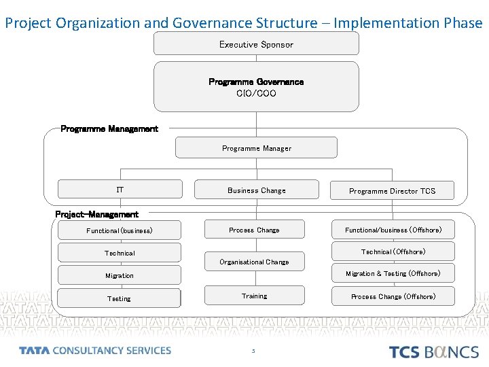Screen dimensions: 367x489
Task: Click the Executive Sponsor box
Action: (x=256, y=44)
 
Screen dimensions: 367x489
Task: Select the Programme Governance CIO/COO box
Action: (x=256, y=87)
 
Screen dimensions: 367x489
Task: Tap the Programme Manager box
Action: (x=256, y=148)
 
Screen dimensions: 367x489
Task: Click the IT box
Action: (x=120, y=190)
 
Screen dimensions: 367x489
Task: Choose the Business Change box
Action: (x=256, y=190)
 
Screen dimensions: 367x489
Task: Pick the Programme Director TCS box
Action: (x=392, y=191)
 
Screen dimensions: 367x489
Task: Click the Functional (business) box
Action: (x=120, y=230)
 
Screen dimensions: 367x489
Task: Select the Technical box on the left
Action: (x=120, y=253)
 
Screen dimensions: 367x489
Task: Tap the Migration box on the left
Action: (x=120, y=275)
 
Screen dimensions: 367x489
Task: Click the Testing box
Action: (x=120, y=298)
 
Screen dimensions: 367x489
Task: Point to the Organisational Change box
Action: (x=254, y=262)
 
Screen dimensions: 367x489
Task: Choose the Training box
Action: (x=254, y=296)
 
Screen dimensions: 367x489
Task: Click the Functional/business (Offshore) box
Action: (x=393, y=230)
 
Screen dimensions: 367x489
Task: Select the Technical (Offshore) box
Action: (x=393, y=251)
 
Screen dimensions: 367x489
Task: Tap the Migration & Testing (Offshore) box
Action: (x=393, y=273)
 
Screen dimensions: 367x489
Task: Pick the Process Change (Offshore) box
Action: (x=393, y=296)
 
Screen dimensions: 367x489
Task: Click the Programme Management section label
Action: (x=109, y=128)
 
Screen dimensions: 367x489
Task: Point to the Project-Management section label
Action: (x=96, y=214)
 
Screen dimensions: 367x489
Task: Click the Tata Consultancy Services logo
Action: (x=95, y=351)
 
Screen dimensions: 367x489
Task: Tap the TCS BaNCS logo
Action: (x=433, y=351)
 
